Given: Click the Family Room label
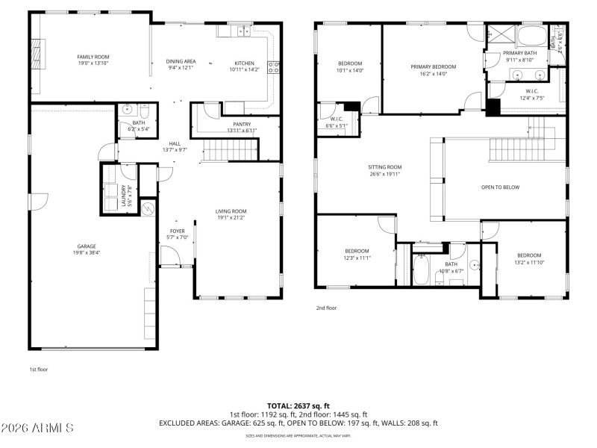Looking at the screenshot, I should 93,57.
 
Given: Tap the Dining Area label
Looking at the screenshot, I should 181,61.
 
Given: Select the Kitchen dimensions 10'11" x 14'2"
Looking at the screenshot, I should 244,69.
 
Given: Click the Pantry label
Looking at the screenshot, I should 241,124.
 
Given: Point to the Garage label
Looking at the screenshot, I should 87,246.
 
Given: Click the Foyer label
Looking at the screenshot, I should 178,231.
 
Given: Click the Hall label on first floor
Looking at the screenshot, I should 175,143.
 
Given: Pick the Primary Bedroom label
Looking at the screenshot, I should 433,66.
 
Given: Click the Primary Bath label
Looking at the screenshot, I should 519,53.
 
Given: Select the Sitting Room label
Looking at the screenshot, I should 384,167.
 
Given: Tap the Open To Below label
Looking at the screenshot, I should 500,187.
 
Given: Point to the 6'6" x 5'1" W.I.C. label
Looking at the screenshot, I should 336,119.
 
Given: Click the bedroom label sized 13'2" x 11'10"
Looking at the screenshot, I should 528,255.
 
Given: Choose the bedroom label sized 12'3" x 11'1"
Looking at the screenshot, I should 357,251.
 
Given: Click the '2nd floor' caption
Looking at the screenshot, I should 327,307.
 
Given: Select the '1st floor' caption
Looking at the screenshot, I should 39,369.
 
